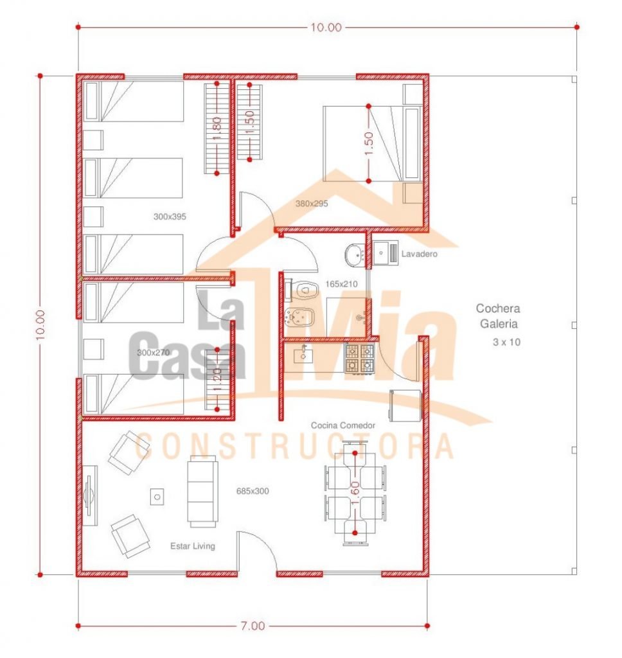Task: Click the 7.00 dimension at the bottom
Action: coord(253,626)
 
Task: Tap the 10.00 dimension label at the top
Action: coord(326,27)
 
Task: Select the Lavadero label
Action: coord(420,254)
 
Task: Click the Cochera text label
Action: coord(498,308)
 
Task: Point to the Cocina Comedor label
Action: coord(343,425)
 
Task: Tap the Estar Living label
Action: coord(193,546)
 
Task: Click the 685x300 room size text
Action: coord(253,491)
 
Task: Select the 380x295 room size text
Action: coord(312,204)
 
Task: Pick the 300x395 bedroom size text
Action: coord(170,217)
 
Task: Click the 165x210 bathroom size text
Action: coord(342,284)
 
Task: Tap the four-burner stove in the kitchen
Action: coord(359,358)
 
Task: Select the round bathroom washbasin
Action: coord(356,254)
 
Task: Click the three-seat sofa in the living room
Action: coord(202,492)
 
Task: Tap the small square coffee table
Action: coord(157,497)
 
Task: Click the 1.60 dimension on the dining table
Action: coord(355,493)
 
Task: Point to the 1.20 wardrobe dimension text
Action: coord(217,380)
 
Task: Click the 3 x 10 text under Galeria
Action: coord(506,342)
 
